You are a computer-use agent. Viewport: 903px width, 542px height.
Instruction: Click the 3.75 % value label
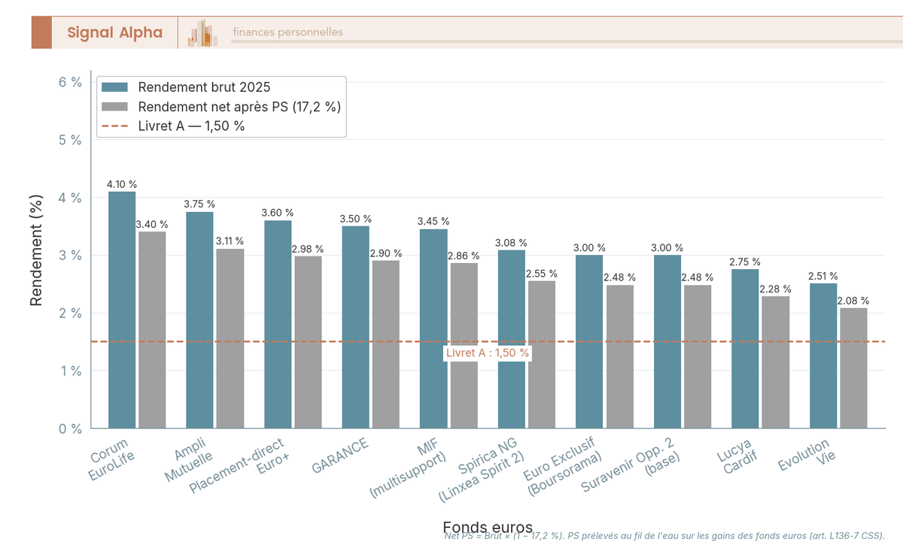(200, 204)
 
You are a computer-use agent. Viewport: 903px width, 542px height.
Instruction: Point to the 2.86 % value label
(464, 256)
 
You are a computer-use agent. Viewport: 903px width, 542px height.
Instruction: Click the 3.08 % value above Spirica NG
(512, 243)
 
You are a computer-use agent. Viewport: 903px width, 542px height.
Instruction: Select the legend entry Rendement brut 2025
(204, 86)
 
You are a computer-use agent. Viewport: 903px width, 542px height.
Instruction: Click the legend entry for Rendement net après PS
(239, 106)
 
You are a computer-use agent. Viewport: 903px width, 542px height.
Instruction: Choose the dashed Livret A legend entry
(191, 126)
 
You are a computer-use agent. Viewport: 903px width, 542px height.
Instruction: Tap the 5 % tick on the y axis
(70, 140)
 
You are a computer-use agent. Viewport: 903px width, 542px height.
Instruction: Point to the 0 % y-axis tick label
(70, 428)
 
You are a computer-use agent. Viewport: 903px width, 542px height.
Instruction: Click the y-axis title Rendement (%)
(36, 255)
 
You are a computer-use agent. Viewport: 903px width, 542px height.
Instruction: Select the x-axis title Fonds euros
(488, 527)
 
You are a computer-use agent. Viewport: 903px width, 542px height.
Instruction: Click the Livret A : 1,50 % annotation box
(488, 353)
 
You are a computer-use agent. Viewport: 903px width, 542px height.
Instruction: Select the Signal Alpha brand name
(114, 32)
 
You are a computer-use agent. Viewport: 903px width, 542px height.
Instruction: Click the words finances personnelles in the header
(287, 32)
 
